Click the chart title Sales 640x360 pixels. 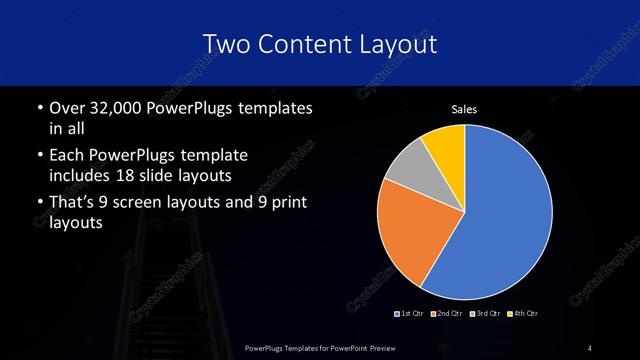point(464,108)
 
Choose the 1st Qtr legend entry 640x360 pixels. point(411,314)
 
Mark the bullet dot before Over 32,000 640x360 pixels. point(39,108)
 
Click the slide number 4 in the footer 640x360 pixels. point(590,346)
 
